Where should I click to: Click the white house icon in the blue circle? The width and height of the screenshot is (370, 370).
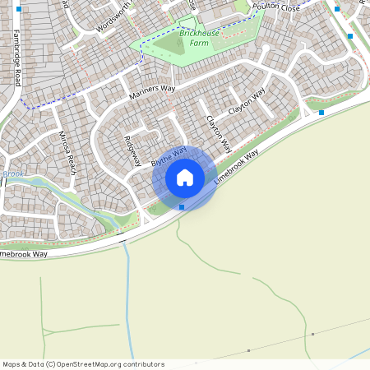pyautogui.click(x=185, y=178)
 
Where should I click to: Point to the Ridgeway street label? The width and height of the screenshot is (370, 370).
pyautogui.click(x=132, y=150)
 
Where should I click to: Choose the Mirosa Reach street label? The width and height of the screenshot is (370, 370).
pyautogui.click(x=67, y=152)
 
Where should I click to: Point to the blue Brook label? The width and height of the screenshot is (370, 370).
pyautogui.click(x=13, y=174)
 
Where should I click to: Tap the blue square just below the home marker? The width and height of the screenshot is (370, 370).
pyautogui.click(x=182, y=207)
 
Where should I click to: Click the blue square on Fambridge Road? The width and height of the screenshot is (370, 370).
pyautogui.click(x=19, y=9)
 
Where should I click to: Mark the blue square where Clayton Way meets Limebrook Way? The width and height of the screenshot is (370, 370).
pyautogui.click(x=321, y=112)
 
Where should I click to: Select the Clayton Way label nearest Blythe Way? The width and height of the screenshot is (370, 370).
pyautogui.click(x=213, y=131)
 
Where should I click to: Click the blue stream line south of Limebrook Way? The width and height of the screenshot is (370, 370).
pyautogui.click(x=127, y=296)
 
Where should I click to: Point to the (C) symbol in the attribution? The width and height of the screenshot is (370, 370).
pyautogui.click(x=50, y=363)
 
